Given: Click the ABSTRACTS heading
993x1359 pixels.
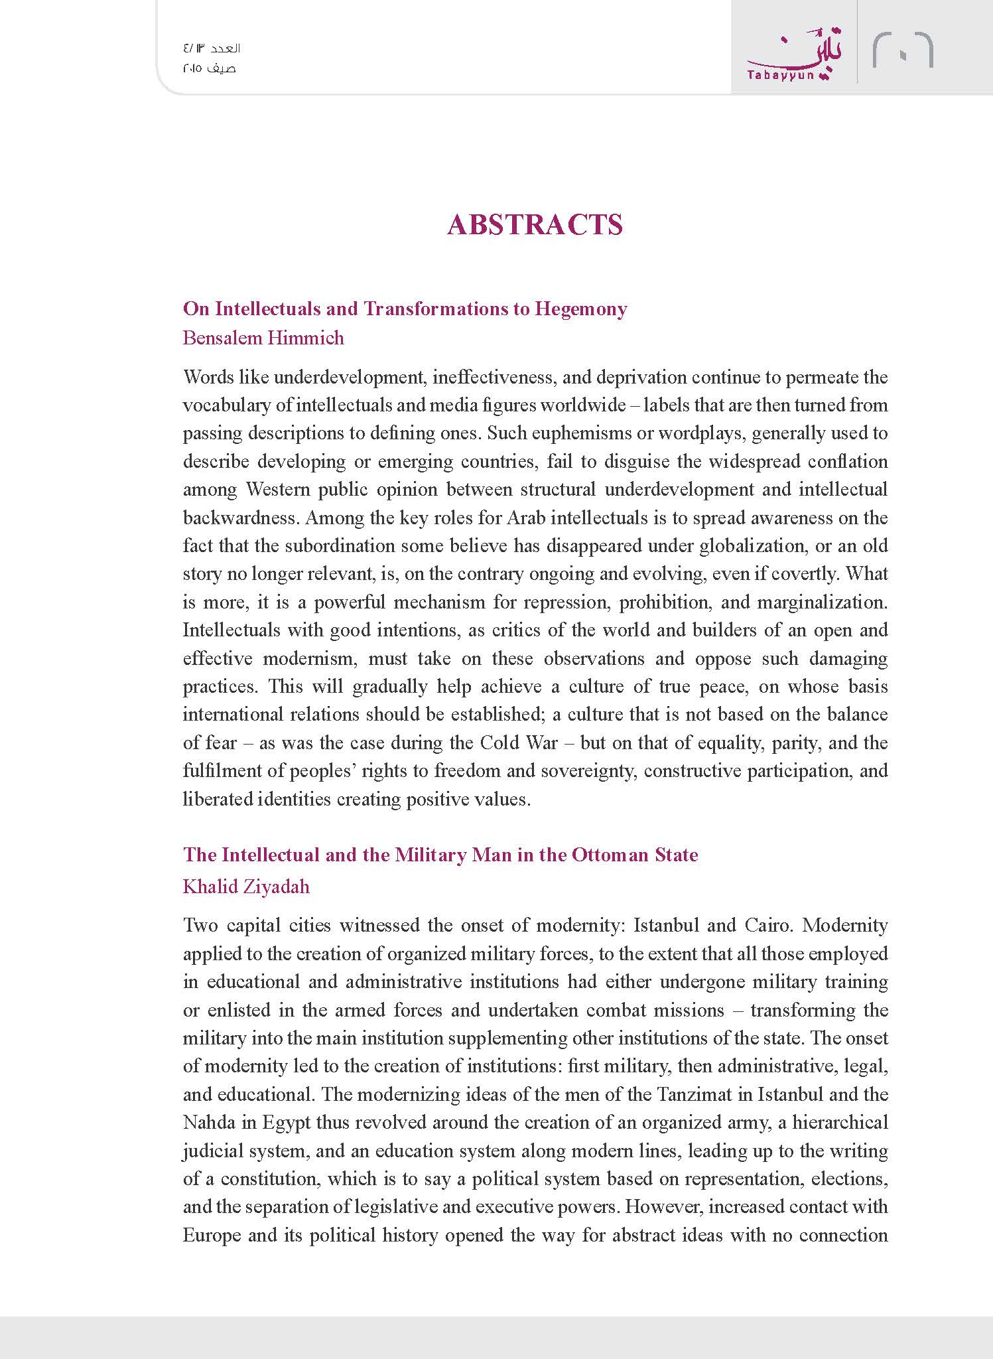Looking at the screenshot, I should click(x=535, y=225).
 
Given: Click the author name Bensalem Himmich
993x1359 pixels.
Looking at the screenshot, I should click(x=263, y=338).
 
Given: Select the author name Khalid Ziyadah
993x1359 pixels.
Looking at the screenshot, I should click(x=246, y=887).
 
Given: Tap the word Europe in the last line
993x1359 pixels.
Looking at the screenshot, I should click(x=212, y=1235).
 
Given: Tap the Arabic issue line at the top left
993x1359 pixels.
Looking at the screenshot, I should click(x=212, y=48).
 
